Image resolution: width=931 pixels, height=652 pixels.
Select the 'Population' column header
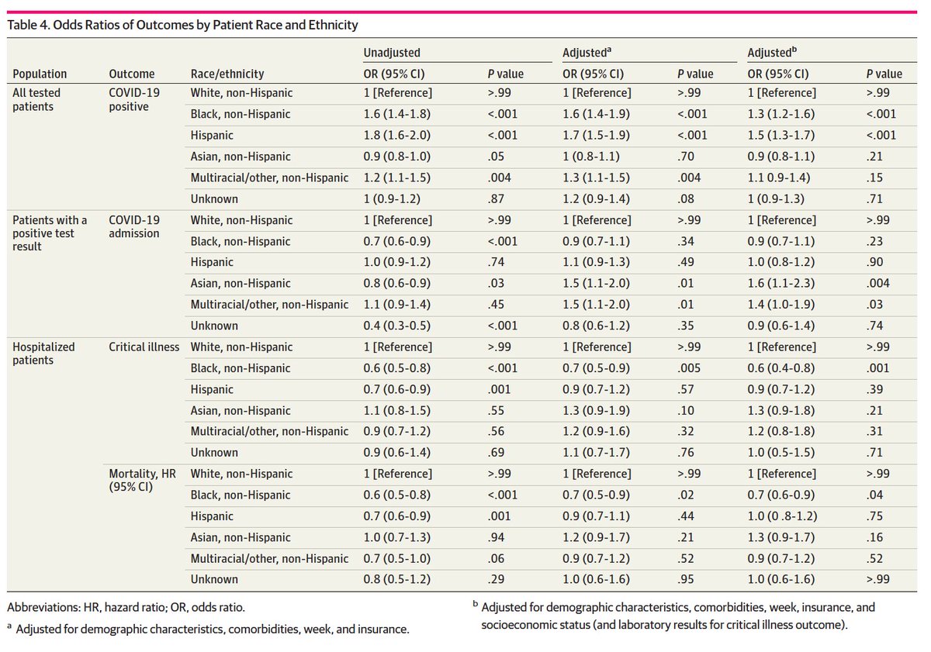click(x=40, y=74)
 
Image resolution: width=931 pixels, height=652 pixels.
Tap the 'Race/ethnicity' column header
click(x=227, y=74)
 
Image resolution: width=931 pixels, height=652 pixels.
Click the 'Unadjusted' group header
click(x=392, y=53)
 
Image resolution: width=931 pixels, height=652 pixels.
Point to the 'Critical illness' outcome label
click(x=144, y=347)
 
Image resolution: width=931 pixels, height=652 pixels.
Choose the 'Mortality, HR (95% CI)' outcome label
click(x=142, y=480)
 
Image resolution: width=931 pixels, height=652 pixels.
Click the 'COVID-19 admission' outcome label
click(x=133, y=226)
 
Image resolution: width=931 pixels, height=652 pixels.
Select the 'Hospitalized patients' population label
click(x=43, y=354)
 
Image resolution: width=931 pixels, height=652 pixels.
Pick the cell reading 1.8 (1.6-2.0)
click(x=397, y=136)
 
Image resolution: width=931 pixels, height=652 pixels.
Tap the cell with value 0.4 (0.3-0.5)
click(x=397, y=326)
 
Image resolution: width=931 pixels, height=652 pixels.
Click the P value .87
click(x=496, y=199)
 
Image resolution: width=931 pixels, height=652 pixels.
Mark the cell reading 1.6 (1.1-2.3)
click(x=781, y=283)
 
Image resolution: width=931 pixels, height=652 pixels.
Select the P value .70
click(x=685, y=157)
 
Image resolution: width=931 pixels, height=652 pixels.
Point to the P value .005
click(x=689, y=368)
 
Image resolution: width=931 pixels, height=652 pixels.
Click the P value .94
click(x=496, y=537)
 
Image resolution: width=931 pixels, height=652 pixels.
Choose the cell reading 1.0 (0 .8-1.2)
click(x=782, y=516)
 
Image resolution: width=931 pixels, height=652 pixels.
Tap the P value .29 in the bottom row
click(x=496, y=579)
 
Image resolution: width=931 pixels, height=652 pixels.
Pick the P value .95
click(x=685, y=579)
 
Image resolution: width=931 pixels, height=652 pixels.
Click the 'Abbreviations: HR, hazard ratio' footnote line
click(x=126, y=608)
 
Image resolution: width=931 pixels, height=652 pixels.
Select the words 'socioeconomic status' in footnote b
click(x=536, y=625)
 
